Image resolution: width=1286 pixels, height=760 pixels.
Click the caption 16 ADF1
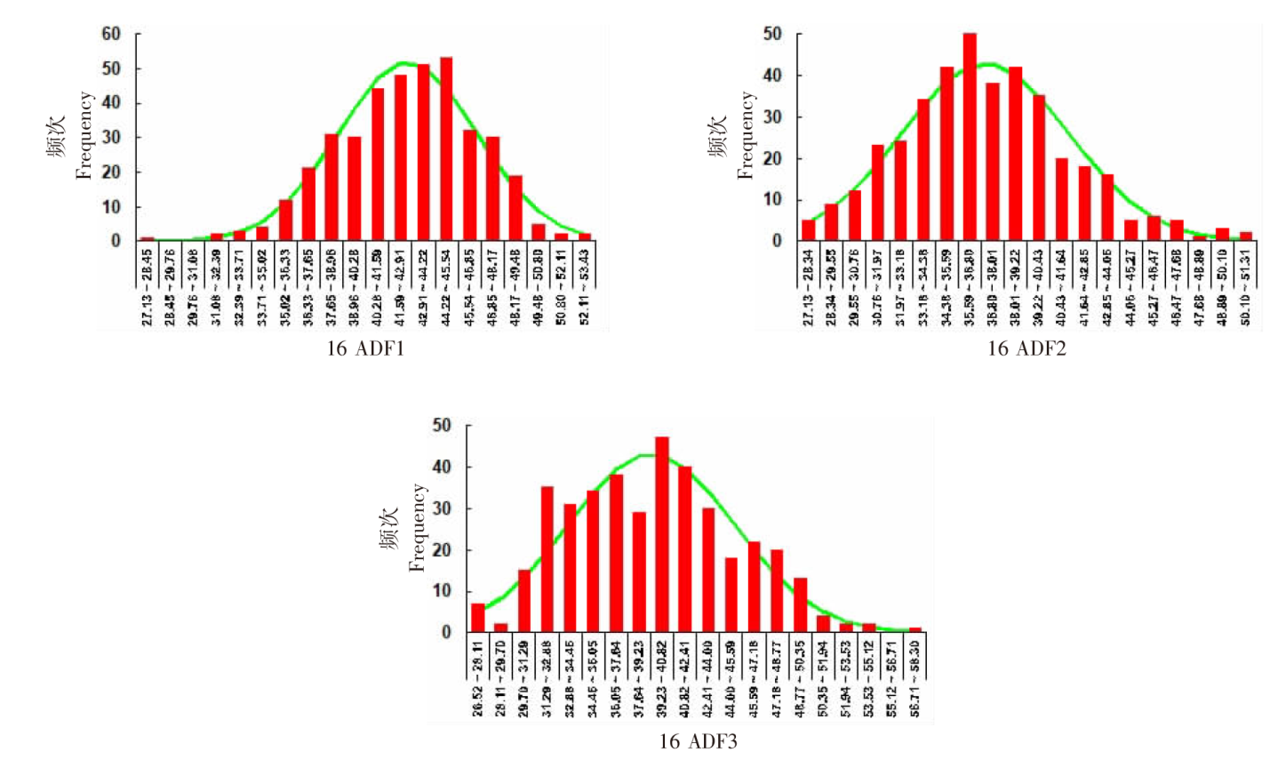coord(365,348)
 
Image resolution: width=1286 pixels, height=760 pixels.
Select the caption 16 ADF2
coord(1026,348)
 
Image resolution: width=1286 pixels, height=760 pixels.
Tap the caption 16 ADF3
coord(698,740)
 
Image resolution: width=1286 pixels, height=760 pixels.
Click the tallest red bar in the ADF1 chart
coord(446,148)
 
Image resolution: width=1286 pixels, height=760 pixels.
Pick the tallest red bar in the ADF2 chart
coord(970,137)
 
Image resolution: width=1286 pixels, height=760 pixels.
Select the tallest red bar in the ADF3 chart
coord(662,534)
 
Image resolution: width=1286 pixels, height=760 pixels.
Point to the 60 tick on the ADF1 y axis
coord(110,34)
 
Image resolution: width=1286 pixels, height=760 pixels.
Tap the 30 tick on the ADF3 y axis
coord(441,509)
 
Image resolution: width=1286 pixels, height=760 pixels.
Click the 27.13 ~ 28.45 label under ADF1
coord(148,286)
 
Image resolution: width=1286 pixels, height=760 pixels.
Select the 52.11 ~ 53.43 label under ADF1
coord(585,286)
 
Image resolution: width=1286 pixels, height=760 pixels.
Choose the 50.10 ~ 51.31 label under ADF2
coord(1246,286)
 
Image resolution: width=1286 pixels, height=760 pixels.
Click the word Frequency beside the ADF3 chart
coord(418,527)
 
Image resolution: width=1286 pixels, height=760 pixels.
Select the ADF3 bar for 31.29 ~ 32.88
coord(547,559)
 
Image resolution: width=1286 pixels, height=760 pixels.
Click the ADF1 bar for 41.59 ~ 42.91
coord(401,157)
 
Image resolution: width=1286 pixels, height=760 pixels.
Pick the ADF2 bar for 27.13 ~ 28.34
coord(808,230)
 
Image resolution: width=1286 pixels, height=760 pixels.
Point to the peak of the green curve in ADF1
coord(403,62)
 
